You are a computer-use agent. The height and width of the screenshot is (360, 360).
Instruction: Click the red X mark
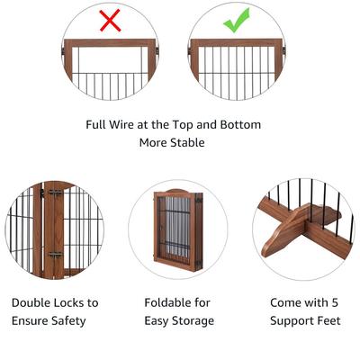(110, 21)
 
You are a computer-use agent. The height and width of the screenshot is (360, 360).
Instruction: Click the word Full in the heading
(99, 125)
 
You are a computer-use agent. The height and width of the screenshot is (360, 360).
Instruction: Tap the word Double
(34, 303)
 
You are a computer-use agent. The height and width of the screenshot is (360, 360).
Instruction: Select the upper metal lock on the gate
(55, 193)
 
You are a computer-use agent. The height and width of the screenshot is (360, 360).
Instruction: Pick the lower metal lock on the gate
(54, 256)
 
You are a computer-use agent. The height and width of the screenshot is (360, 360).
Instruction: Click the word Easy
(157, 320)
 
